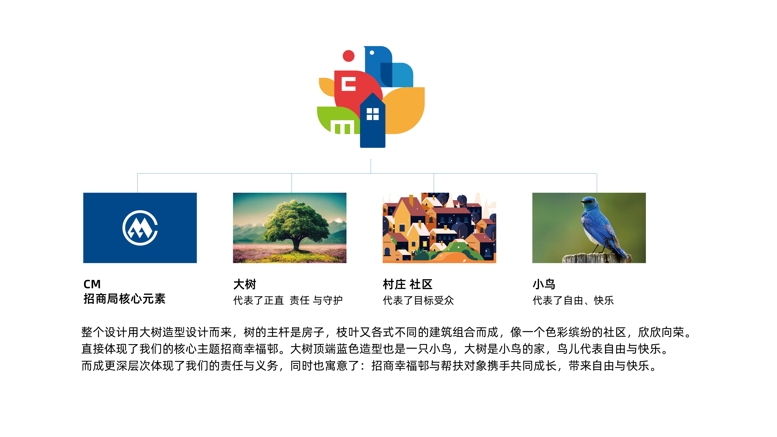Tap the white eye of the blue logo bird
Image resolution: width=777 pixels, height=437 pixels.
pos(372,53)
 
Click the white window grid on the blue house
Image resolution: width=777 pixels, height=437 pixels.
pos(373,114)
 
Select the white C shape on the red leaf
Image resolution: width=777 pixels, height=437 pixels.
pos(348,84)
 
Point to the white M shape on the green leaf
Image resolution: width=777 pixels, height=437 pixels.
pos(342,127)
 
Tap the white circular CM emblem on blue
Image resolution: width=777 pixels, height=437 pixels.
pos(140,228)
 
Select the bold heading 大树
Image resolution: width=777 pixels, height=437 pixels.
pos(245,284)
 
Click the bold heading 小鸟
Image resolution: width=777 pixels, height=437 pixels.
pos(544,284)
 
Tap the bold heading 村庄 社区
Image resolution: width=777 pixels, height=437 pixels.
pos(408,284)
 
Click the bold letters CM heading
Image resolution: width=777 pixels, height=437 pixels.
pos(92,284)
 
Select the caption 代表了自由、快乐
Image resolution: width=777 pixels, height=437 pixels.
pos(573,300)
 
